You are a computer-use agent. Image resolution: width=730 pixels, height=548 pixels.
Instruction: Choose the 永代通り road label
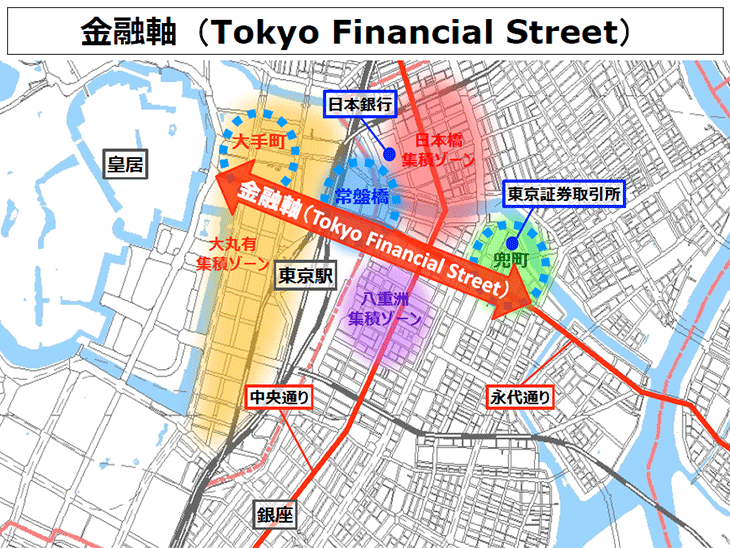click(x=520, y=397)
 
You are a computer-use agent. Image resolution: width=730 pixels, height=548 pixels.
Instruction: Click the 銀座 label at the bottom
click(x=276, y=515)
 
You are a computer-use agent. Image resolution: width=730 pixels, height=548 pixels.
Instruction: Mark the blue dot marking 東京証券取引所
click(x=511, y=242)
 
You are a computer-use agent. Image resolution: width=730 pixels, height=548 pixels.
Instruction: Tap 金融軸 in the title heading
click(x=125, y=32)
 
